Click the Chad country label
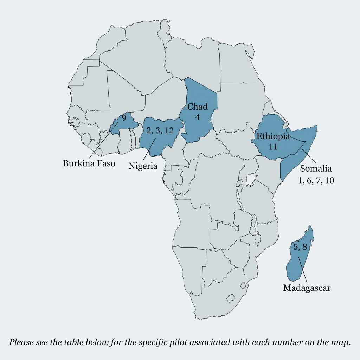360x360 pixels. coord(197,107)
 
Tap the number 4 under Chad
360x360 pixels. coord(197,117)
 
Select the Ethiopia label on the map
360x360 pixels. coord(273,136)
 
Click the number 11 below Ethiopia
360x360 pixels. coord(273,147)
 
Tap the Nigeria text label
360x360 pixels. coord(143,166)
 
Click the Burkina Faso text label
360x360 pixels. coord(89,163)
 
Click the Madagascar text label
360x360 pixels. coord(307,288)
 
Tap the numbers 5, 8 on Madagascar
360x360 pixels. coord(300,247)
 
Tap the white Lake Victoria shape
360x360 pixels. coord(250,181)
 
